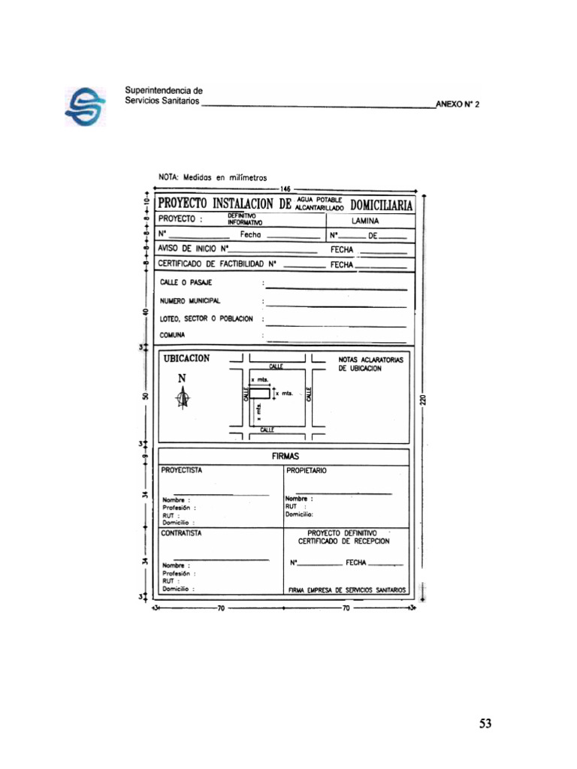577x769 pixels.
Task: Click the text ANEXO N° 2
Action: (x=457, y=105)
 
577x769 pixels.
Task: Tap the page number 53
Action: (x=485, y=724)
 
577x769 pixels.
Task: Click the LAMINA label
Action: (x=365, y=221)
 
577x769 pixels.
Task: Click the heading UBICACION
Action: (x=186, y=359)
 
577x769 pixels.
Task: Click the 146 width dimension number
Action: (x=285, y=188)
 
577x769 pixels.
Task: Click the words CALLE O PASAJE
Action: (x=186, y=282)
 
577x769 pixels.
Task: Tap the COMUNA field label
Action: (x=173, y=335)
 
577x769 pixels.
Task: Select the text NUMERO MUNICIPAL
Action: (x=189, y=300)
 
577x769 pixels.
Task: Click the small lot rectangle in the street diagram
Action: (x=261, y=393)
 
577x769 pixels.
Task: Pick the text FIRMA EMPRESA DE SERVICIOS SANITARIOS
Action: (x=346, y=590)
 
